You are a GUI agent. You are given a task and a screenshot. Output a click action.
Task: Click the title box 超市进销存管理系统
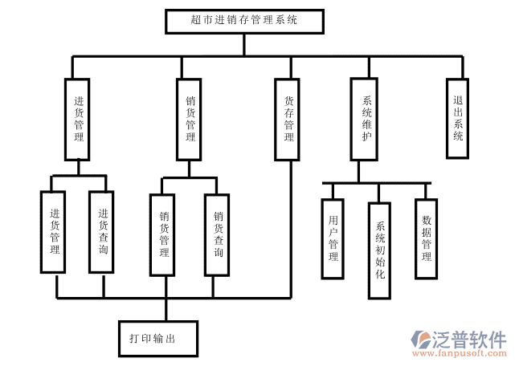[244, 21]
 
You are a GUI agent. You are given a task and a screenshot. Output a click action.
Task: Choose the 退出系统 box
[458, 119]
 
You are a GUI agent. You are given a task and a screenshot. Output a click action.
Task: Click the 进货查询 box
[103, 233]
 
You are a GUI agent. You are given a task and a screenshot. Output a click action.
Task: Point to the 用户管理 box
[333, 238]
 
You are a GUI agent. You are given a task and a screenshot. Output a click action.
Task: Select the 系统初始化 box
[380, 250]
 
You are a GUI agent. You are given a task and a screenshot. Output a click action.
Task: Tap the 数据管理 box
[427, 238]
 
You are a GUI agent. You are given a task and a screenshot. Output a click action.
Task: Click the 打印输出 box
[158, 338]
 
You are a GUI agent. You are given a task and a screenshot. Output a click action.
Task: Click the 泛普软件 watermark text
[472, 338]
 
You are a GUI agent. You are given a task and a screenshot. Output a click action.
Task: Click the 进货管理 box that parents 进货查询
[78, 119]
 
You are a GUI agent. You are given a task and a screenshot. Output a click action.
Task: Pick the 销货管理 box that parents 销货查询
[190, 119]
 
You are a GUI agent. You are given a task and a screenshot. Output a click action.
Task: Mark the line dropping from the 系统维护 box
[359, 171]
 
